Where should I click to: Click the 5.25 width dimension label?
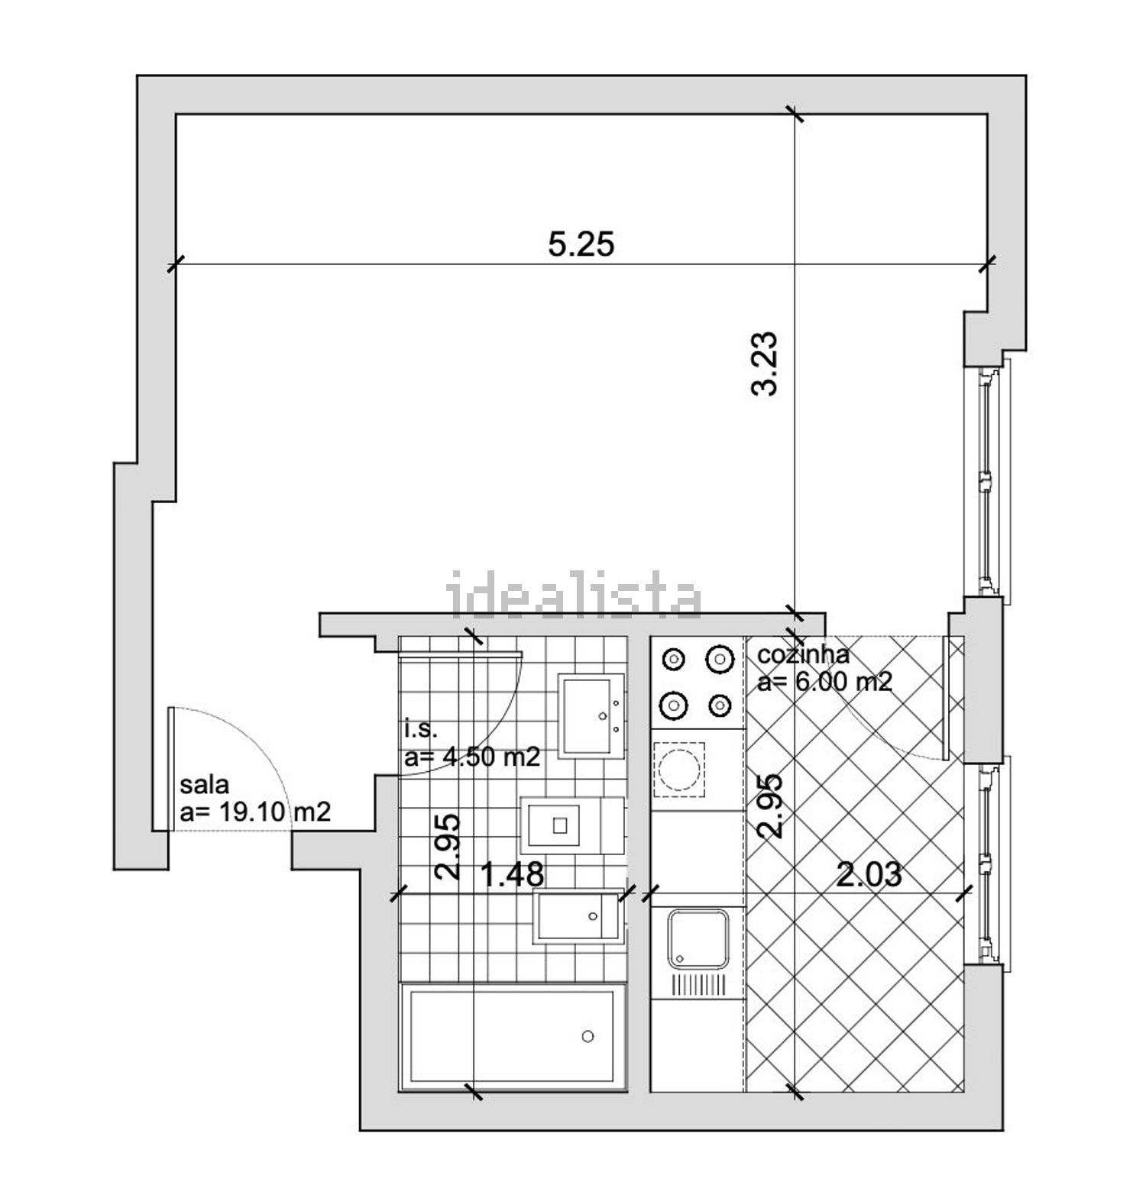point(581,245)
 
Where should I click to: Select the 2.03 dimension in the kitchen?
point(869,875)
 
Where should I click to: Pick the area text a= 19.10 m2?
point(255,812)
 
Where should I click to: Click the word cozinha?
point(803,655)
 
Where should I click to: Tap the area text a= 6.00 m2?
point(824,681)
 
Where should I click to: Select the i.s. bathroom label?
point(421,730)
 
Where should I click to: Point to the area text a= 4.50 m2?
point(472,757)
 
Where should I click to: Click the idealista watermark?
point(574,595)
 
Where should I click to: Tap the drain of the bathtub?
point(588,1036)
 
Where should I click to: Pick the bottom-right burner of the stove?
point(720,706)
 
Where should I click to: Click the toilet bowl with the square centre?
point(560,825)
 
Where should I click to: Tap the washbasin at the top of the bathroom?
point(591,715)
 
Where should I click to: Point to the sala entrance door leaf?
point(173,769)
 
